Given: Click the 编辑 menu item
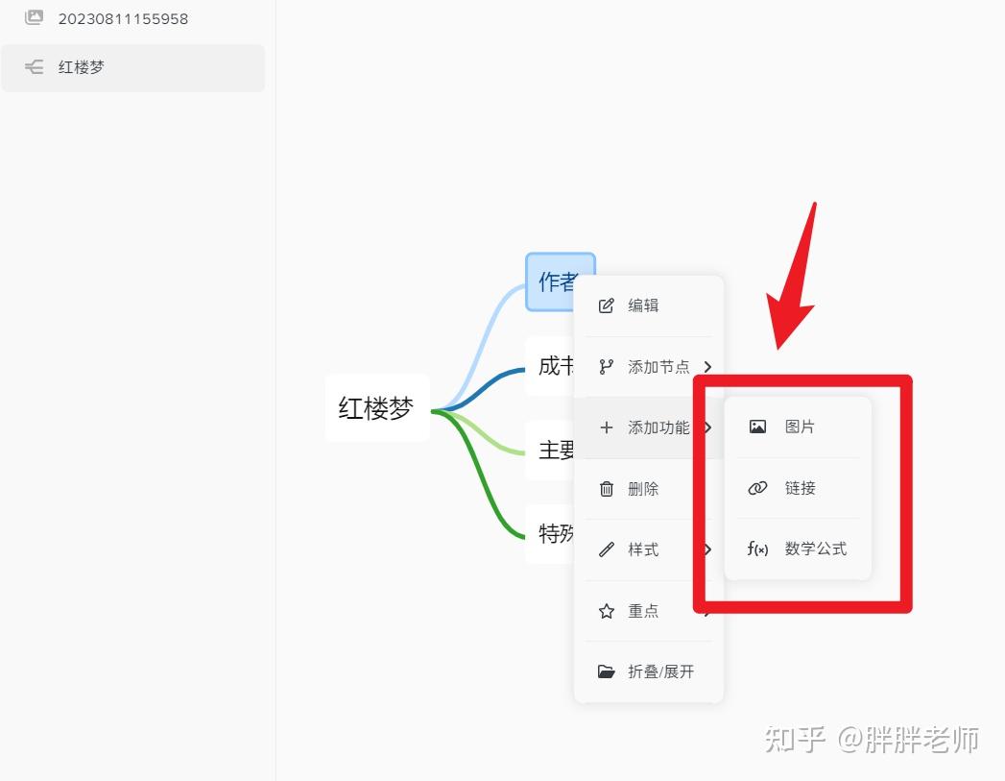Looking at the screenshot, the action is click(x=643, y=305).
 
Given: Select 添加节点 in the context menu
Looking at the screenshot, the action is click(x=658, y=367).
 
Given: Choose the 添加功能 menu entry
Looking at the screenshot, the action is click(x=658, y=427).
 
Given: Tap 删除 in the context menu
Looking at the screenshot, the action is click(x=643, y=489).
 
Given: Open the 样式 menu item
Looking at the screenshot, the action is click(x=643, y=549).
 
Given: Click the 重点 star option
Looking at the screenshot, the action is click(x=643, y=611).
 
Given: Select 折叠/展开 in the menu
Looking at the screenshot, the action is click(x=660, y=671).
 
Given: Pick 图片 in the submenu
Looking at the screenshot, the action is click(x=800, y=427).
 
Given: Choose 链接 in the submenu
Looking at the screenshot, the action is click(x=800, y=488).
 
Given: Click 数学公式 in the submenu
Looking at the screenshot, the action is click(x=815, y=549).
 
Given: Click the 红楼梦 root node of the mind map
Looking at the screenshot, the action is click(x=376, y=408).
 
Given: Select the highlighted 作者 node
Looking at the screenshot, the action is click(x=557, y=281).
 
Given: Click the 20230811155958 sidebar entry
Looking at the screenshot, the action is click(x=123, y=18).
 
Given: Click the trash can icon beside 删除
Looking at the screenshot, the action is click(x=607, y=489).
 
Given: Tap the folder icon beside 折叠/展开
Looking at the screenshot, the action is click(x=607, y=671).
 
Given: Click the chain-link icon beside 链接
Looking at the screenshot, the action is click(x=757, y=488).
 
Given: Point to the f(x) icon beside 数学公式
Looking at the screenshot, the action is click(x=757, y=549).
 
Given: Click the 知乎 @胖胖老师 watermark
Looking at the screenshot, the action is click(x=871, y=739).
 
